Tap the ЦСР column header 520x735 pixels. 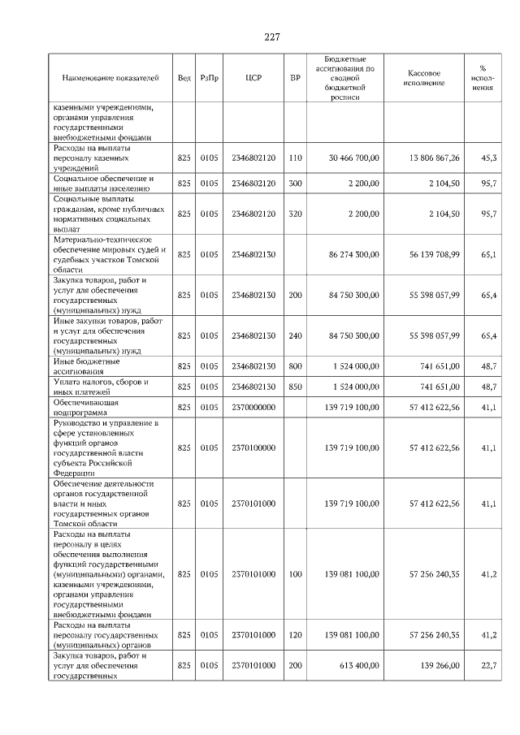253,79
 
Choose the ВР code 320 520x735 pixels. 295,214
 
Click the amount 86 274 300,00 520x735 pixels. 352,255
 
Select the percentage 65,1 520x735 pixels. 488,255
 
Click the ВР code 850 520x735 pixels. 295,387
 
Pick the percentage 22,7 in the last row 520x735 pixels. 488,666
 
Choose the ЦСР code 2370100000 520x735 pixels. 253,447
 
